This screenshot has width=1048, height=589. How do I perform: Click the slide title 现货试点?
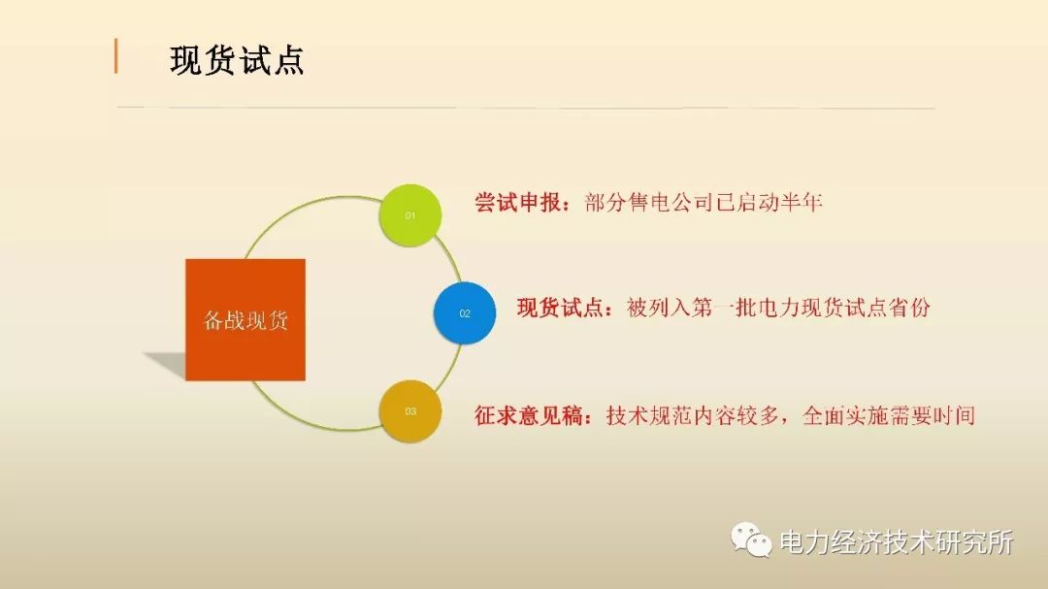(x=237, y=59)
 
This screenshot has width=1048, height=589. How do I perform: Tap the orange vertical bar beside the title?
(x=116, y=56)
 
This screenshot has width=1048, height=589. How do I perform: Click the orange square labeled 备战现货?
(x=246, y=319)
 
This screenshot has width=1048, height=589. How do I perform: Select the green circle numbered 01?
(x=409, y=215)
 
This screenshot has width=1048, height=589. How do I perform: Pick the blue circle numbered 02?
(x=464, y=313)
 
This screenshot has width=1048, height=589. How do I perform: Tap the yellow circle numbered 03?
(x=409, y=411)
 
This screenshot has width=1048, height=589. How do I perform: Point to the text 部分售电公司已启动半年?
(x=704, y=204)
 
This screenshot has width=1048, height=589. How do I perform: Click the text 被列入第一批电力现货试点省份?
(x=778, y=309)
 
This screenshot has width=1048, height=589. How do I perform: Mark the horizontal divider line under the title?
(x=524, y=107)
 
